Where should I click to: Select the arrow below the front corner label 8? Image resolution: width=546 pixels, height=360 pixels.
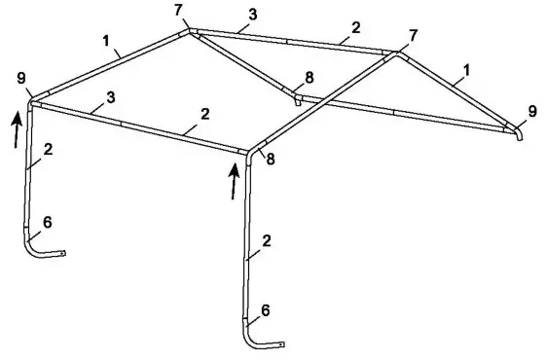tap(235, 181)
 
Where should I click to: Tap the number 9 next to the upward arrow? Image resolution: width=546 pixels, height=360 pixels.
tap(20, 77)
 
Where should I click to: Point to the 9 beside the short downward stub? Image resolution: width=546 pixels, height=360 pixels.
tap(531, 112)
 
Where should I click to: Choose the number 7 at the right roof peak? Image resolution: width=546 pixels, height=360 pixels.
tap(415, 35)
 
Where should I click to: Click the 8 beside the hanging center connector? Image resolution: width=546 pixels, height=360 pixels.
tap(309, 76)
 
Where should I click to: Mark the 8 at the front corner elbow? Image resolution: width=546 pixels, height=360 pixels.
tap(270, 160)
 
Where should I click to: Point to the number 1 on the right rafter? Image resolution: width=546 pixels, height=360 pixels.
tap(468, 70)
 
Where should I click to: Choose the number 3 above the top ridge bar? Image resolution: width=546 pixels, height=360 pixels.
tap(253, 15)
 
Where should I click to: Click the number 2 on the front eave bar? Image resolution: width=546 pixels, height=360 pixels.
tap(204, 113)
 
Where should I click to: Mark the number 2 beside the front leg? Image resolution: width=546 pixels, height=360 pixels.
tap(266, 239)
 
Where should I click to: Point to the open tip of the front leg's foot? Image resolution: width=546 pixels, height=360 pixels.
tap(283, 343)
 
